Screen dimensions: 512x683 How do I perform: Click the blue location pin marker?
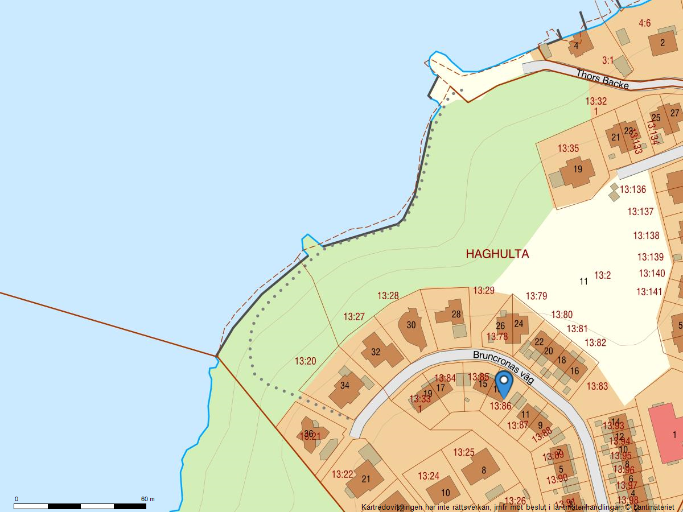point(504,383)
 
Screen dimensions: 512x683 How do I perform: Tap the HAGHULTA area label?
point(497,254)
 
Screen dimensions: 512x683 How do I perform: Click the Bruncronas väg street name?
point(503,366)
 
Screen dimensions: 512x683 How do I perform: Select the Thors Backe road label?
point(602,80)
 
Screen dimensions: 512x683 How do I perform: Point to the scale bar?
point(80,506)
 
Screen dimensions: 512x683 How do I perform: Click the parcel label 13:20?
point(305,361)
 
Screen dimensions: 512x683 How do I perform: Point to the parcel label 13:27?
point(354,317)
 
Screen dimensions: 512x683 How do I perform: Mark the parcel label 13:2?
point(602,276)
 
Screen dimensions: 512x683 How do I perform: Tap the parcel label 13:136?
point(633,189)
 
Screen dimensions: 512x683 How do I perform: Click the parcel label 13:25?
point(464,453)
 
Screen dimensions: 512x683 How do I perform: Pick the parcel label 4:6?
point(644,23)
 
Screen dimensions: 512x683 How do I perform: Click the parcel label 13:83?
point(597,387)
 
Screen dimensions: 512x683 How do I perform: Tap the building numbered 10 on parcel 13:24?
point(443,491)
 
